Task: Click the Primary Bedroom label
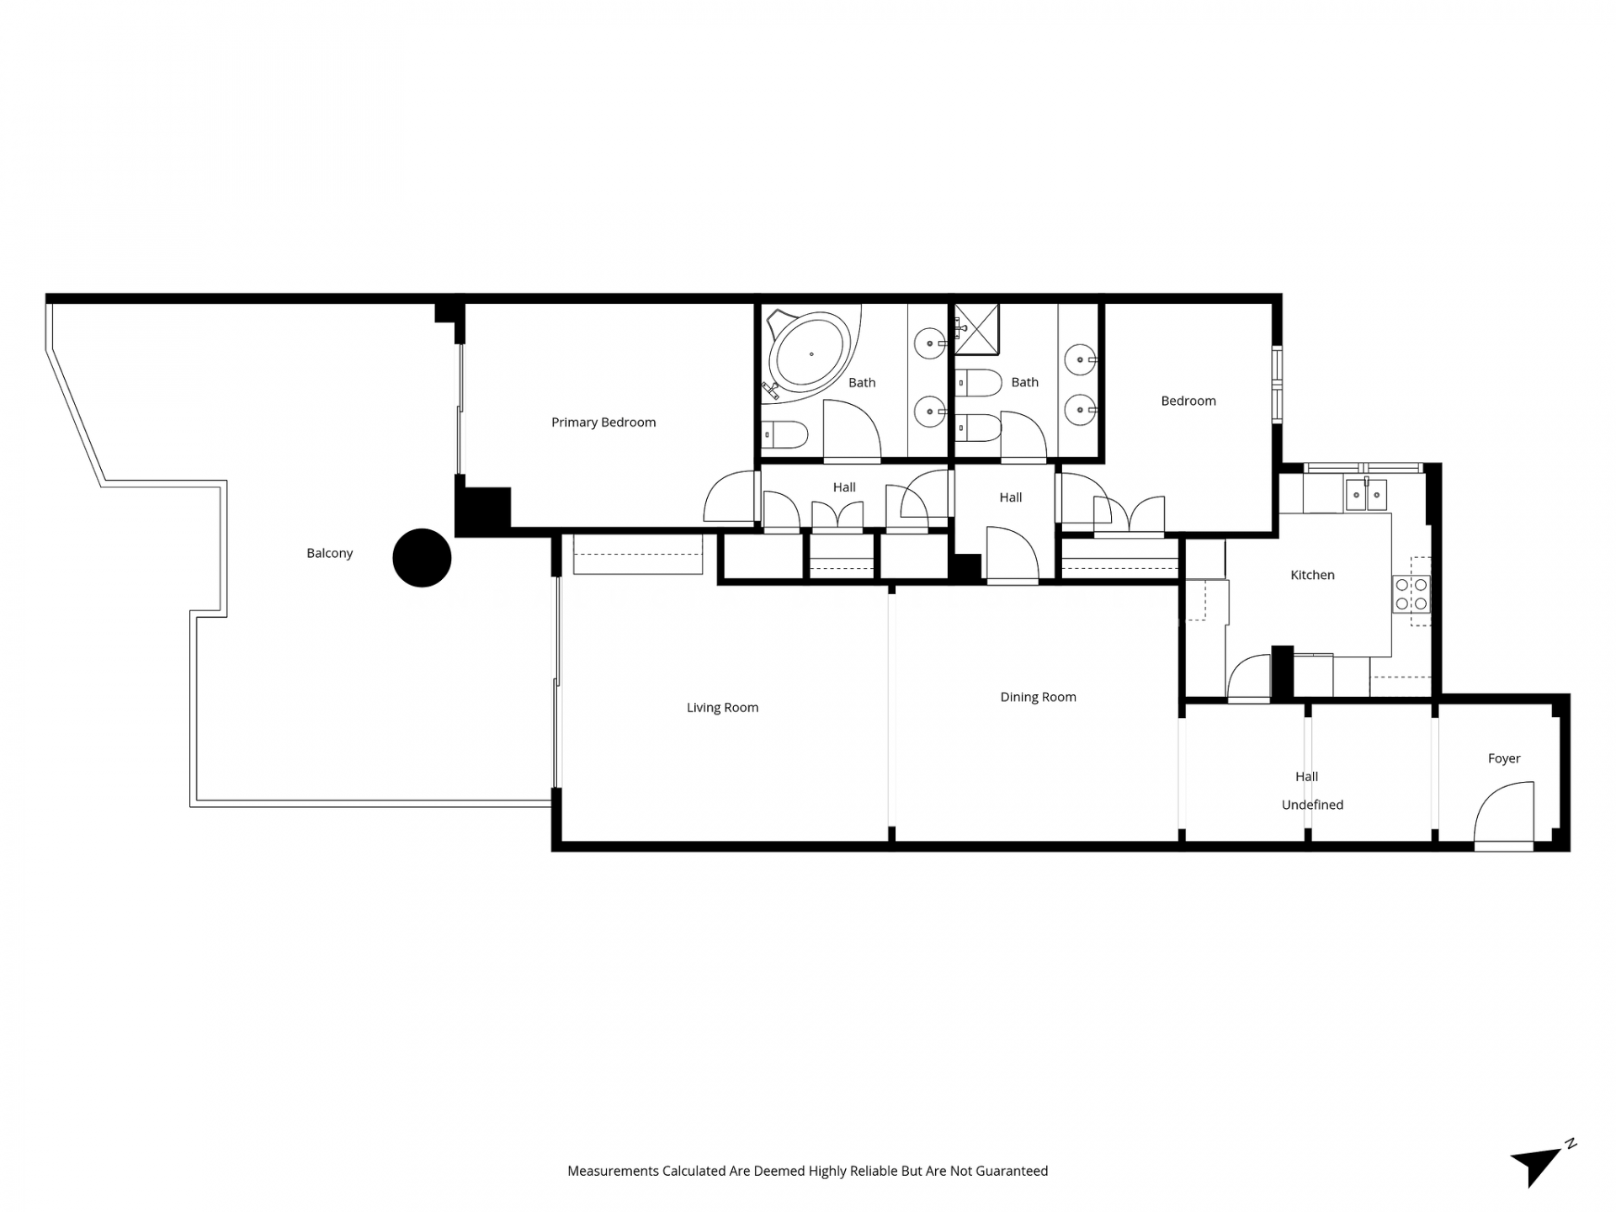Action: (x=603, y=423)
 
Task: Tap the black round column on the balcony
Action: (x=422, y=557)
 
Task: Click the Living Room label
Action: (x=722, y=708)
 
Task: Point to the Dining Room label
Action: (x=1038, y=697)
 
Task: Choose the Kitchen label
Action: (x=1312, y=575)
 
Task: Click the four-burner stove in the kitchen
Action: (x=1411, y=593)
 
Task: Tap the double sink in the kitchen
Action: (x=1365, y=495)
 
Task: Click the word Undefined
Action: (x=1312, y=805)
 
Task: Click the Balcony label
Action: (x=330, y=553)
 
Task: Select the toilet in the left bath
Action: (x=784, y=435)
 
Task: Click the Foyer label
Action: (x=1504, y=758)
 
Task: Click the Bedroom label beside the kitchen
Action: (x=1188, y=401)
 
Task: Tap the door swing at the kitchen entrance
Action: (x=1249, y=677)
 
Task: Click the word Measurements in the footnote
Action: (x=613, y=1171)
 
